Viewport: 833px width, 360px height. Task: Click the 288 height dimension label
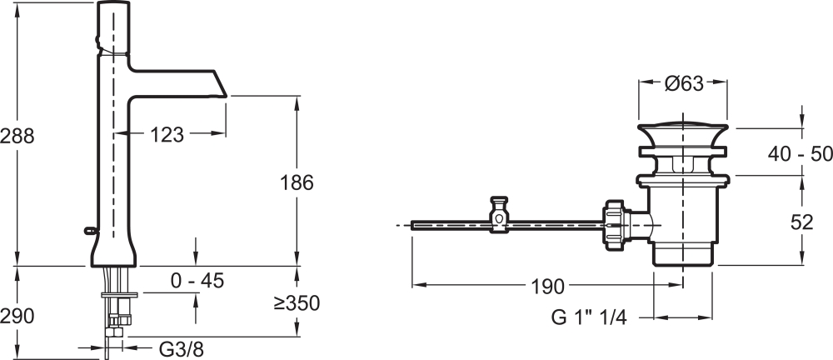[x=17, y=136]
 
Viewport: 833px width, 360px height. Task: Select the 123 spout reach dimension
[x=167, y=135]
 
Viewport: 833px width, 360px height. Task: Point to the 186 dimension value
[x=297, y=183]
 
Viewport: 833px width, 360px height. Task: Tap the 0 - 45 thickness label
[x=197, y=280]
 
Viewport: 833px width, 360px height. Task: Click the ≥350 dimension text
[x=297, y=303]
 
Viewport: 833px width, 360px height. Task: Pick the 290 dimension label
[x=17, y=317]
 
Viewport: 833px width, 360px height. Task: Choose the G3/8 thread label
[x=181, y=349]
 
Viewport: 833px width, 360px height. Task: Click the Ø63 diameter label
[x=684, y=83]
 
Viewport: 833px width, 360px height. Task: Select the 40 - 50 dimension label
[x=800, y=154]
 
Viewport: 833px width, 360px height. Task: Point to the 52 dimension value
[x=801, y=222]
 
